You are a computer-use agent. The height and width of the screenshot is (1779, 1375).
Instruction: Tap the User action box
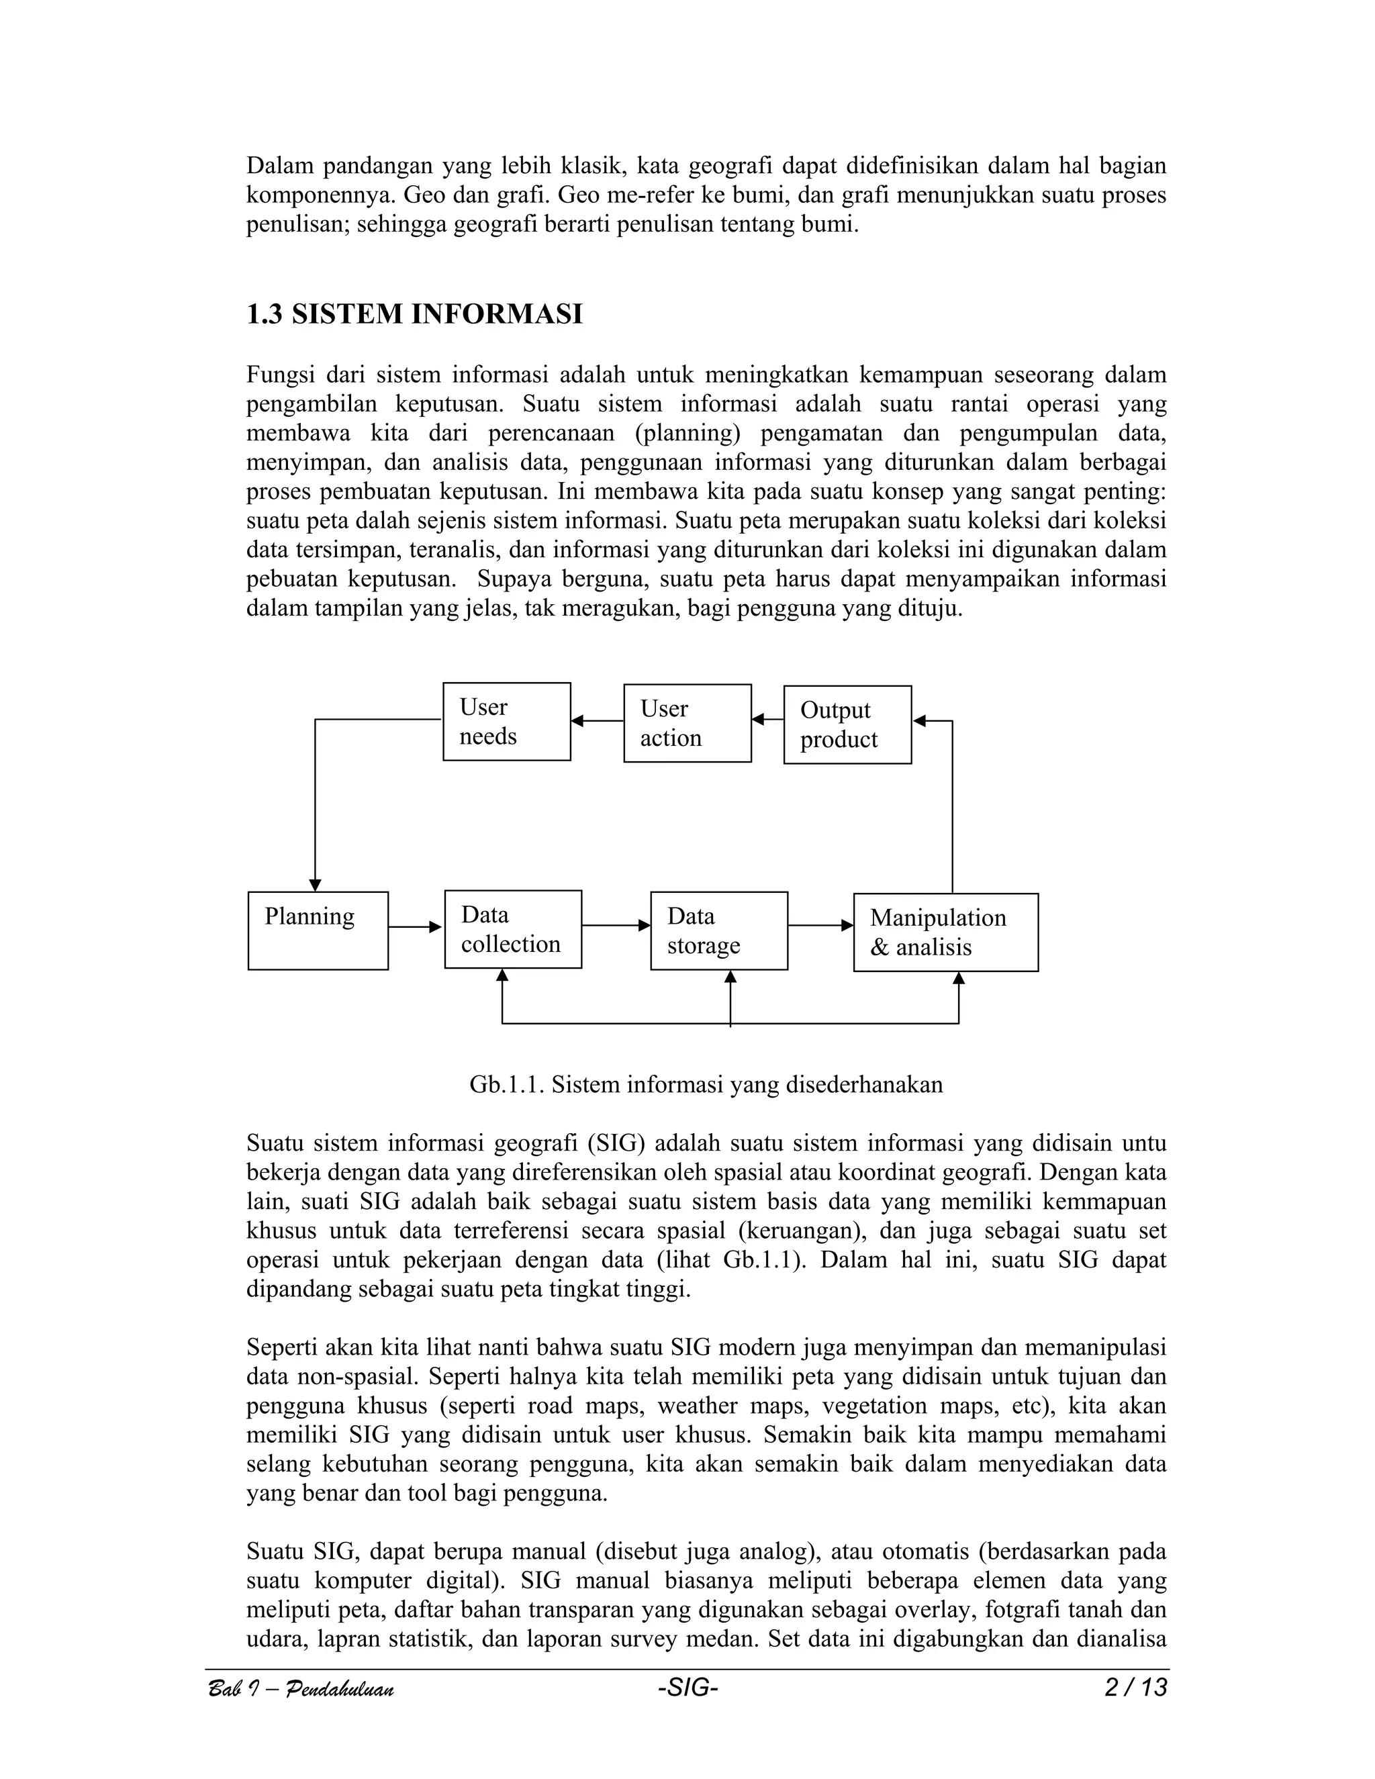(x=687, y=723)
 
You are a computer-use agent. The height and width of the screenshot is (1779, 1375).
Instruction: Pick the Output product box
(x=847, y=725)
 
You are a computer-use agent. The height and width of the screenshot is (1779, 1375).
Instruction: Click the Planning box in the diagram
(x=318, y=930)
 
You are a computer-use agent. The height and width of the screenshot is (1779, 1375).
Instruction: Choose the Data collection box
(x=512, y=929)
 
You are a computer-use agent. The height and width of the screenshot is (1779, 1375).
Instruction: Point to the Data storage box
(x=718, y=930)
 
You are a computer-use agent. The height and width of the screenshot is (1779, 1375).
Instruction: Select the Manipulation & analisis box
(x=945, y=932)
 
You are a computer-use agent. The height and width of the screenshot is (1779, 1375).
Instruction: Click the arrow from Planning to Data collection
(x=416, y=927)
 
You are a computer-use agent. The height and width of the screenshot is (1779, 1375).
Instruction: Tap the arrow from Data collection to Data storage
(x=616, y=925)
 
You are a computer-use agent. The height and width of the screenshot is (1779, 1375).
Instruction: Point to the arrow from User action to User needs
(x=597, y=721)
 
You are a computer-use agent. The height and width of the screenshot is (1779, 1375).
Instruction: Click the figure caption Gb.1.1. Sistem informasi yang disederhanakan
(x=706, y=1085)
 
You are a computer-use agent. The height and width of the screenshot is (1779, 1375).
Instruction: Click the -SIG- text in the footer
(x=687, y=1688)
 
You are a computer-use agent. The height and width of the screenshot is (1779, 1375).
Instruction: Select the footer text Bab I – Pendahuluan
(x=301, y=1690)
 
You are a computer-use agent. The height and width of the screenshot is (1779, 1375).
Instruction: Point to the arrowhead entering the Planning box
(x=316, y=885)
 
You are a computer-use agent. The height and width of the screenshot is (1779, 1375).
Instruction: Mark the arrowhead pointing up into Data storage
(x=730, y=977)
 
